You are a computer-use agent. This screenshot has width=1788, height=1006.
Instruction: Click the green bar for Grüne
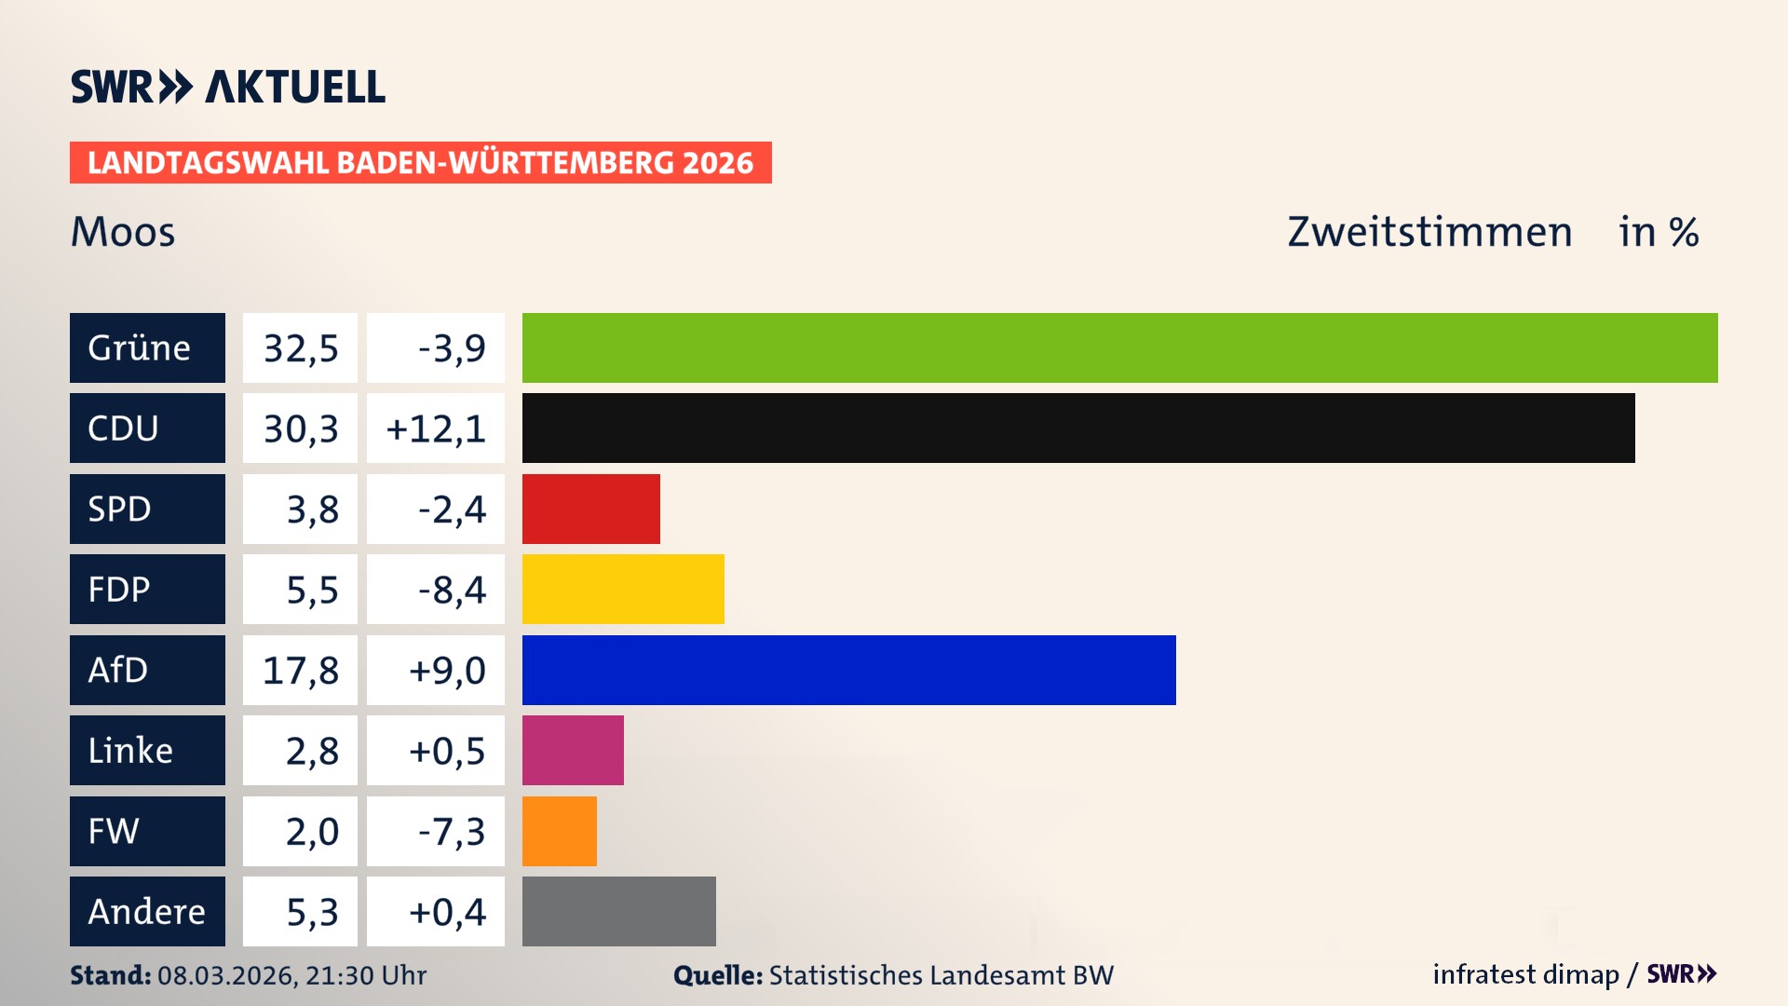[1119, 347]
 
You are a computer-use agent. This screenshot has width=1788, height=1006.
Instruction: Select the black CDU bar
[1078, 428]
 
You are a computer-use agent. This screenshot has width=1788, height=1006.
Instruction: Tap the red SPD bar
[590, 509]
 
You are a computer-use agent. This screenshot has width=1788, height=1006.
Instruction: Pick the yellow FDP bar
[623, 589]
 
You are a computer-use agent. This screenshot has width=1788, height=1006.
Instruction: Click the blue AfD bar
[848, 670]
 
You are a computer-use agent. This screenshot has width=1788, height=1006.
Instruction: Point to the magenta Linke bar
[573, 750]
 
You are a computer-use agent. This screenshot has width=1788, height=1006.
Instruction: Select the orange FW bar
[559, 831]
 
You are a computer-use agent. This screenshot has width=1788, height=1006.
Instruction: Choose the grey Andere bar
[618, 911]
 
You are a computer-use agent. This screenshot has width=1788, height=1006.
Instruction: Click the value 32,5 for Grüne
[300, 348]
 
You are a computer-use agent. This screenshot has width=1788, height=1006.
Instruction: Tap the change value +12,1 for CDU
[436, 428]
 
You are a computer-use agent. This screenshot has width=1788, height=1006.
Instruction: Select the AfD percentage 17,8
[300, 671]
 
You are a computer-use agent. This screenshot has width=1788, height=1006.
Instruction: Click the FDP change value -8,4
[452, 590]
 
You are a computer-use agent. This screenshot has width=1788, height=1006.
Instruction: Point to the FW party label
[114, 831]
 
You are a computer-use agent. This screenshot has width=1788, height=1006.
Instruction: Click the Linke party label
[130, 750]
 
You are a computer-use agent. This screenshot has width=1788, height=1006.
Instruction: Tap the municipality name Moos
[123, 232]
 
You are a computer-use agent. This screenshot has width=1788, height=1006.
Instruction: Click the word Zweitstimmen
[1429, 232]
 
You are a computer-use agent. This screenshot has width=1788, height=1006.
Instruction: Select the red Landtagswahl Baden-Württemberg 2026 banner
[420, 163]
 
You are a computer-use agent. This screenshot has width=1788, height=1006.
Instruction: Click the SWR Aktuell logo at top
[228, 87]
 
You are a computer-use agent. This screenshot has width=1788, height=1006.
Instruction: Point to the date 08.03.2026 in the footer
[226, 975]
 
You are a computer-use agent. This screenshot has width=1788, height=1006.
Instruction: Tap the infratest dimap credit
[1525, 974]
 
